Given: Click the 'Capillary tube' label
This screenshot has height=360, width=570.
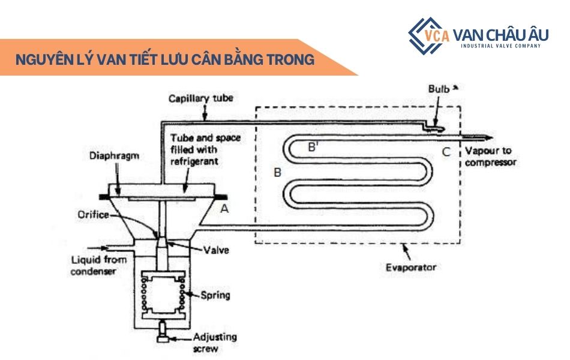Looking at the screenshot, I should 200,97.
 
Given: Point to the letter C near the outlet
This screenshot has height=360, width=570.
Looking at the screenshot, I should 446,152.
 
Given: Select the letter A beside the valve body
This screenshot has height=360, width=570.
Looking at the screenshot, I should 225,208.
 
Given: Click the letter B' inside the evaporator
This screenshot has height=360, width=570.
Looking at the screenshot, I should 313,146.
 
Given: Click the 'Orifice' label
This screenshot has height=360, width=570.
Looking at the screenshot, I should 92,214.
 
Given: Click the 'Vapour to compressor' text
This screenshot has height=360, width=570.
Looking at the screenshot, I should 490,157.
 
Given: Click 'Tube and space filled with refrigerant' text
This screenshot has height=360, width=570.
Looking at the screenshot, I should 197,149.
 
